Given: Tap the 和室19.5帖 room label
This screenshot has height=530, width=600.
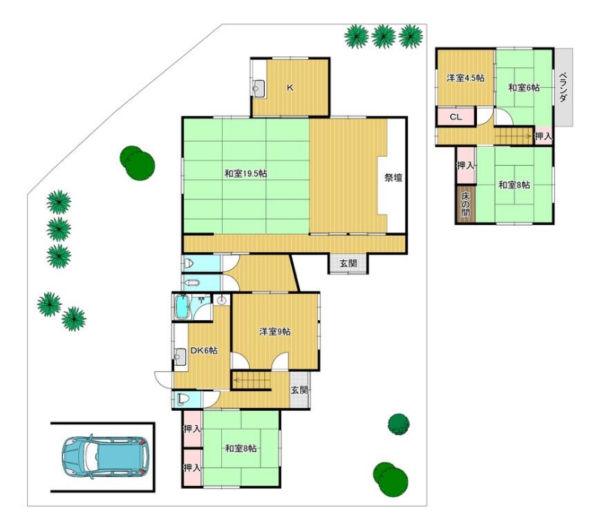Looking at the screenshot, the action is pyautogui.click(x=245, y=174).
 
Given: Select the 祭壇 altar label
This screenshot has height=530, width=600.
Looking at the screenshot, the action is pyautogui.click(x=393, y=178).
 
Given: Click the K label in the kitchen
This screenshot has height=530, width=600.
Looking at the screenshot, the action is pyautogui.click(x=290, y=88).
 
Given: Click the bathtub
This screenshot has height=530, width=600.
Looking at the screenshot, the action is pyautogui.click(x=181, y=307).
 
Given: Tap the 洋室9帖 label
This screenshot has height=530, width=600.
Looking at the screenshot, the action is pyautogui.click(x=274, y=331).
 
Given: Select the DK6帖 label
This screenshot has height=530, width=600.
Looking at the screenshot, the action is pyautogui.click(x=204, y=350).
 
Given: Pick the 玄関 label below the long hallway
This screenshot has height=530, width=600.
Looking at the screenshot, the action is pyautogui.click(x=348, y=263).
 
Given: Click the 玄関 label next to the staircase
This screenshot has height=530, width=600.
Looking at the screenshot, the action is pyautogui.click(x=299, y=391).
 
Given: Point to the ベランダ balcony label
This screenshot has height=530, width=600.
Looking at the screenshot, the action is pyautogui.click(x=563, y=87).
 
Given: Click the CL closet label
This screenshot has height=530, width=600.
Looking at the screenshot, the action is pyautogui.click(x=455, y=117).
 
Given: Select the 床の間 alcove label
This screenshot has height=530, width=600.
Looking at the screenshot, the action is pyautogui.click(x=465, y=204).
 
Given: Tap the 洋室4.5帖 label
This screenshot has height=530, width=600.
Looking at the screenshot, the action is pyautogui.click(x=465, y=78).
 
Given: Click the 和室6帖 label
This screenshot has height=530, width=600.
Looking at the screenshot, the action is pyautogui.click(x=523, y=88).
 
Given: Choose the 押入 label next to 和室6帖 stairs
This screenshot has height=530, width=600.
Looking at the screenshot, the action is pyautogui.click(x=543, y=136).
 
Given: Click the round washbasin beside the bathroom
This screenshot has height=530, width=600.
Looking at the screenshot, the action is pyautogui.click(x=221, y=301).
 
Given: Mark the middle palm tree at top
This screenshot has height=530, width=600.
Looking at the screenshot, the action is pyautogui.click(x=383, y=36).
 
